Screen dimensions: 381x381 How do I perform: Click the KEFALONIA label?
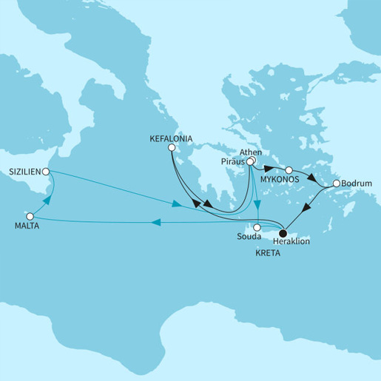(172, 137)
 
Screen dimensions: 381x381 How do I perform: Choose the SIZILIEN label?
(24, 171)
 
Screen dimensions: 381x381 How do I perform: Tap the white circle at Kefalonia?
(172, 147)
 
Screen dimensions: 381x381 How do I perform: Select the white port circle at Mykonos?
(289, 169)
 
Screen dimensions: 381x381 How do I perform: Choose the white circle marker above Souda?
(257, 228)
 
